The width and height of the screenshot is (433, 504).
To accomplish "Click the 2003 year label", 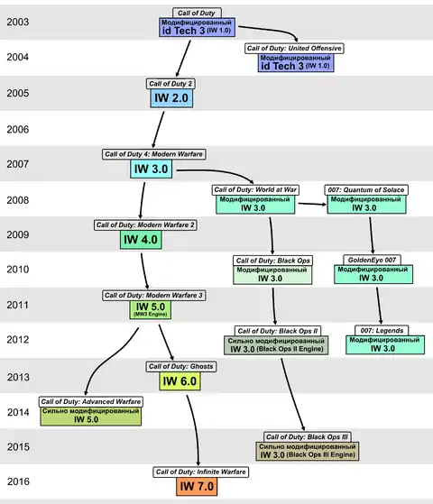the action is tap(18, 22).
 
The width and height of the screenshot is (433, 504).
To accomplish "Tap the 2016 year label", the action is tap(18, 481).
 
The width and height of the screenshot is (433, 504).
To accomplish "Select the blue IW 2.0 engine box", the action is tap(171, 98).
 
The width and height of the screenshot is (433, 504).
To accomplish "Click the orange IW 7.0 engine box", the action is tap(197, 486).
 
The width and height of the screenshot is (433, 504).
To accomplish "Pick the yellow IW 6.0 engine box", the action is tap(180, 381).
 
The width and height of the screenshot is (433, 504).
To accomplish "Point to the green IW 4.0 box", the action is tap(141, 240).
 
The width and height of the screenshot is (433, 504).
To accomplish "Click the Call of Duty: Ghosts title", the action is tap(181, 366).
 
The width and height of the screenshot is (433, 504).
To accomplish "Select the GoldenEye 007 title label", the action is tap(372, 260).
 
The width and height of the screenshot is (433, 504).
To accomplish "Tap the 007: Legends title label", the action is tap(382, 330).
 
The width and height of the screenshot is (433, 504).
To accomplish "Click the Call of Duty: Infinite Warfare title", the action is tap(201, 472).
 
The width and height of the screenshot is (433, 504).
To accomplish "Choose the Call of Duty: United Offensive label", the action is tap(294, 49).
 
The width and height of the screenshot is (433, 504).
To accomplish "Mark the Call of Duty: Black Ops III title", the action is tap(308, 436).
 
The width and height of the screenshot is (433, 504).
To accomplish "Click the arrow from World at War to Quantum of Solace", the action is tap(312, 204).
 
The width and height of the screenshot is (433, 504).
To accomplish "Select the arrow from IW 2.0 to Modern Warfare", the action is tap(158, 130).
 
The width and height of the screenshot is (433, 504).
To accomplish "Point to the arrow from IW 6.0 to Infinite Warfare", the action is tap(195, 430).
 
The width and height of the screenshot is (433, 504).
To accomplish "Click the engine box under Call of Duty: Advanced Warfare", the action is tap(91, 417).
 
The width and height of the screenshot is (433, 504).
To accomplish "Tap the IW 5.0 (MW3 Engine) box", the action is tap(151, 310).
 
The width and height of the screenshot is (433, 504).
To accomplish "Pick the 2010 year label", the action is tap(18, 270).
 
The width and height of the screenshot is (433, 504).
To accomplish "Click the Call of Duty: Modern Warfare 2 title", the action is tap(145, 225).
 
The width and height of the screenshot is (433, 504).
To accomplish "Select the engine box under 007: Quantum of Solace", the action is tap(367, 204).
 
